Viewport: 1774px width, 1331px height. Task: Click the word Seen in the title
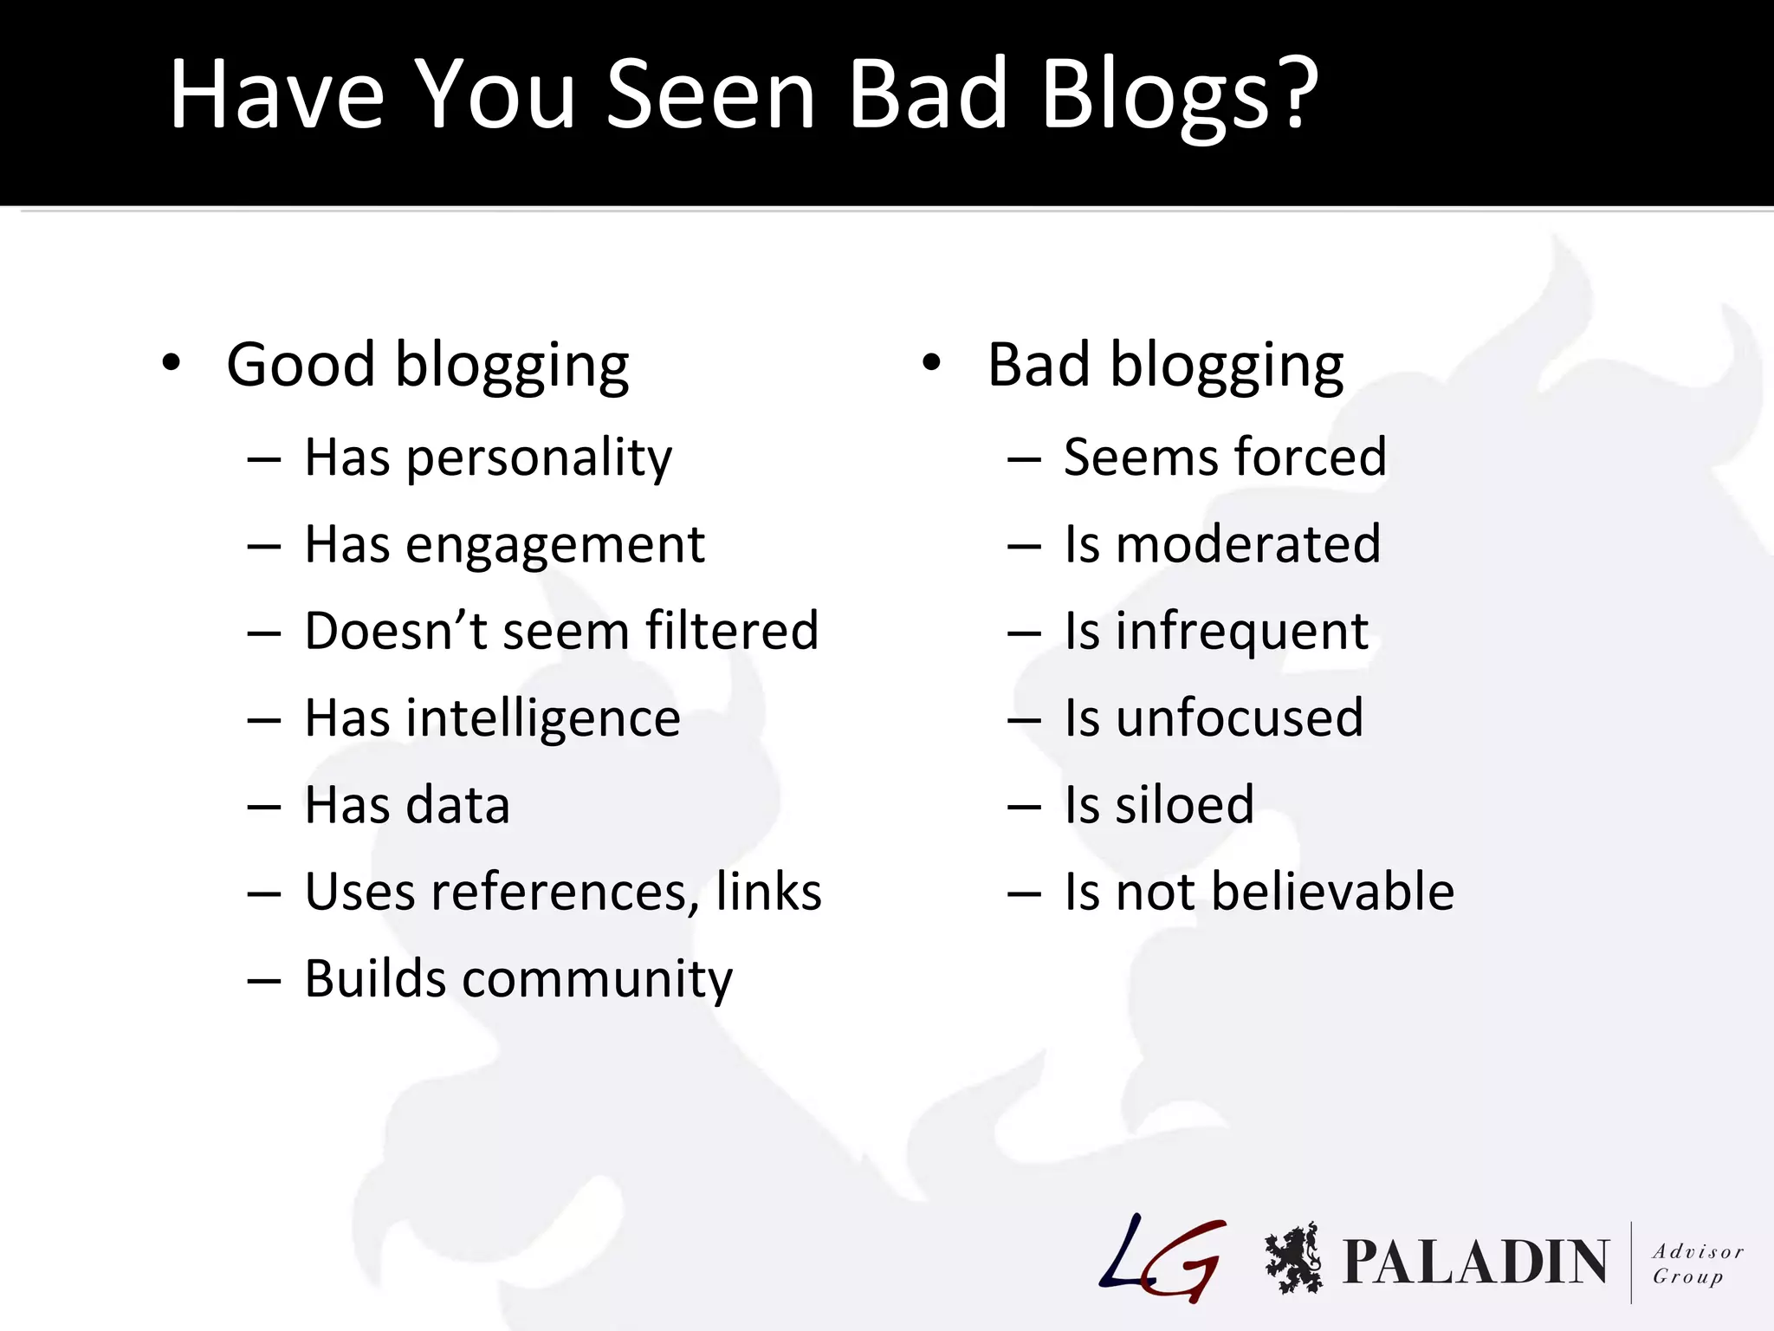coord(711,94)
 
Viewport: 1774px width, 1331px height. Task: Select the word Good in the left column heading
coord(301,364)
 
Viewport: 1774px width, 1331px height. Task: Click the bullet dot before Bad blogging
coord(931,363)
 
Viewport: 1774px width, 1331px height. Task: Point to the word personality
coord(539,458)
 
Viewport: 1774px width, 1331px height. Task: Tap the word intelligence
coord(543,718)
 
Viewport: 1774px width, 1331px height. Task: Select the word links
coord(768,892)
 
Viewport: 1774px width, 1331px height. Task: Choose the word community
coord(597,980)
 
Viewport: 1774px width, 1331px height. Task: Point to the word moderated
coord(1248,544)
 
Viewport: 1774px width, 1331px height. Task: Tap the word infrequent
coord(1241,632)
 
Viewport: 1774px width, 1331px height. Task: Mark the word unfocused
coord(1239,718)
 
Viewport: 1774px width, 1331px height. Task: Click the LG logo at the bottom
coord(1163,1257)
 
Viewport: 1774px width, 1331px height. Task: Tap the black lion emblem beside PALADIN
coord(1293,1258)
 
